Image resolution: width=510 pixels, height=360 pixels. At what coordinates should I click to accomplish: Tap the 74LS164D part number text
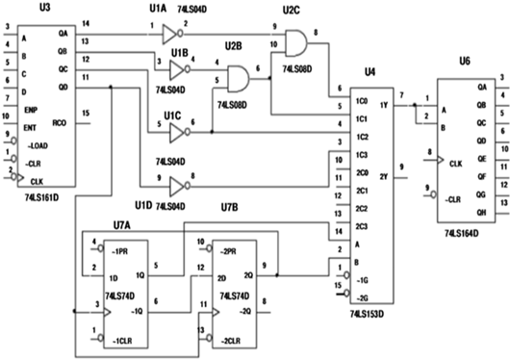click(467, 232)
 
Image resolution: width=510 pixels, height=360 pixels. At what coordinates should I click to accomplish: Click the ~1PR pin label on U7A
click(120, 249)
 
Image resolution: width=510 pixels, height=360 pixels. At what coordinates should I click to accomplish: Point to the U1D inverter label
click(144, 205)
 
